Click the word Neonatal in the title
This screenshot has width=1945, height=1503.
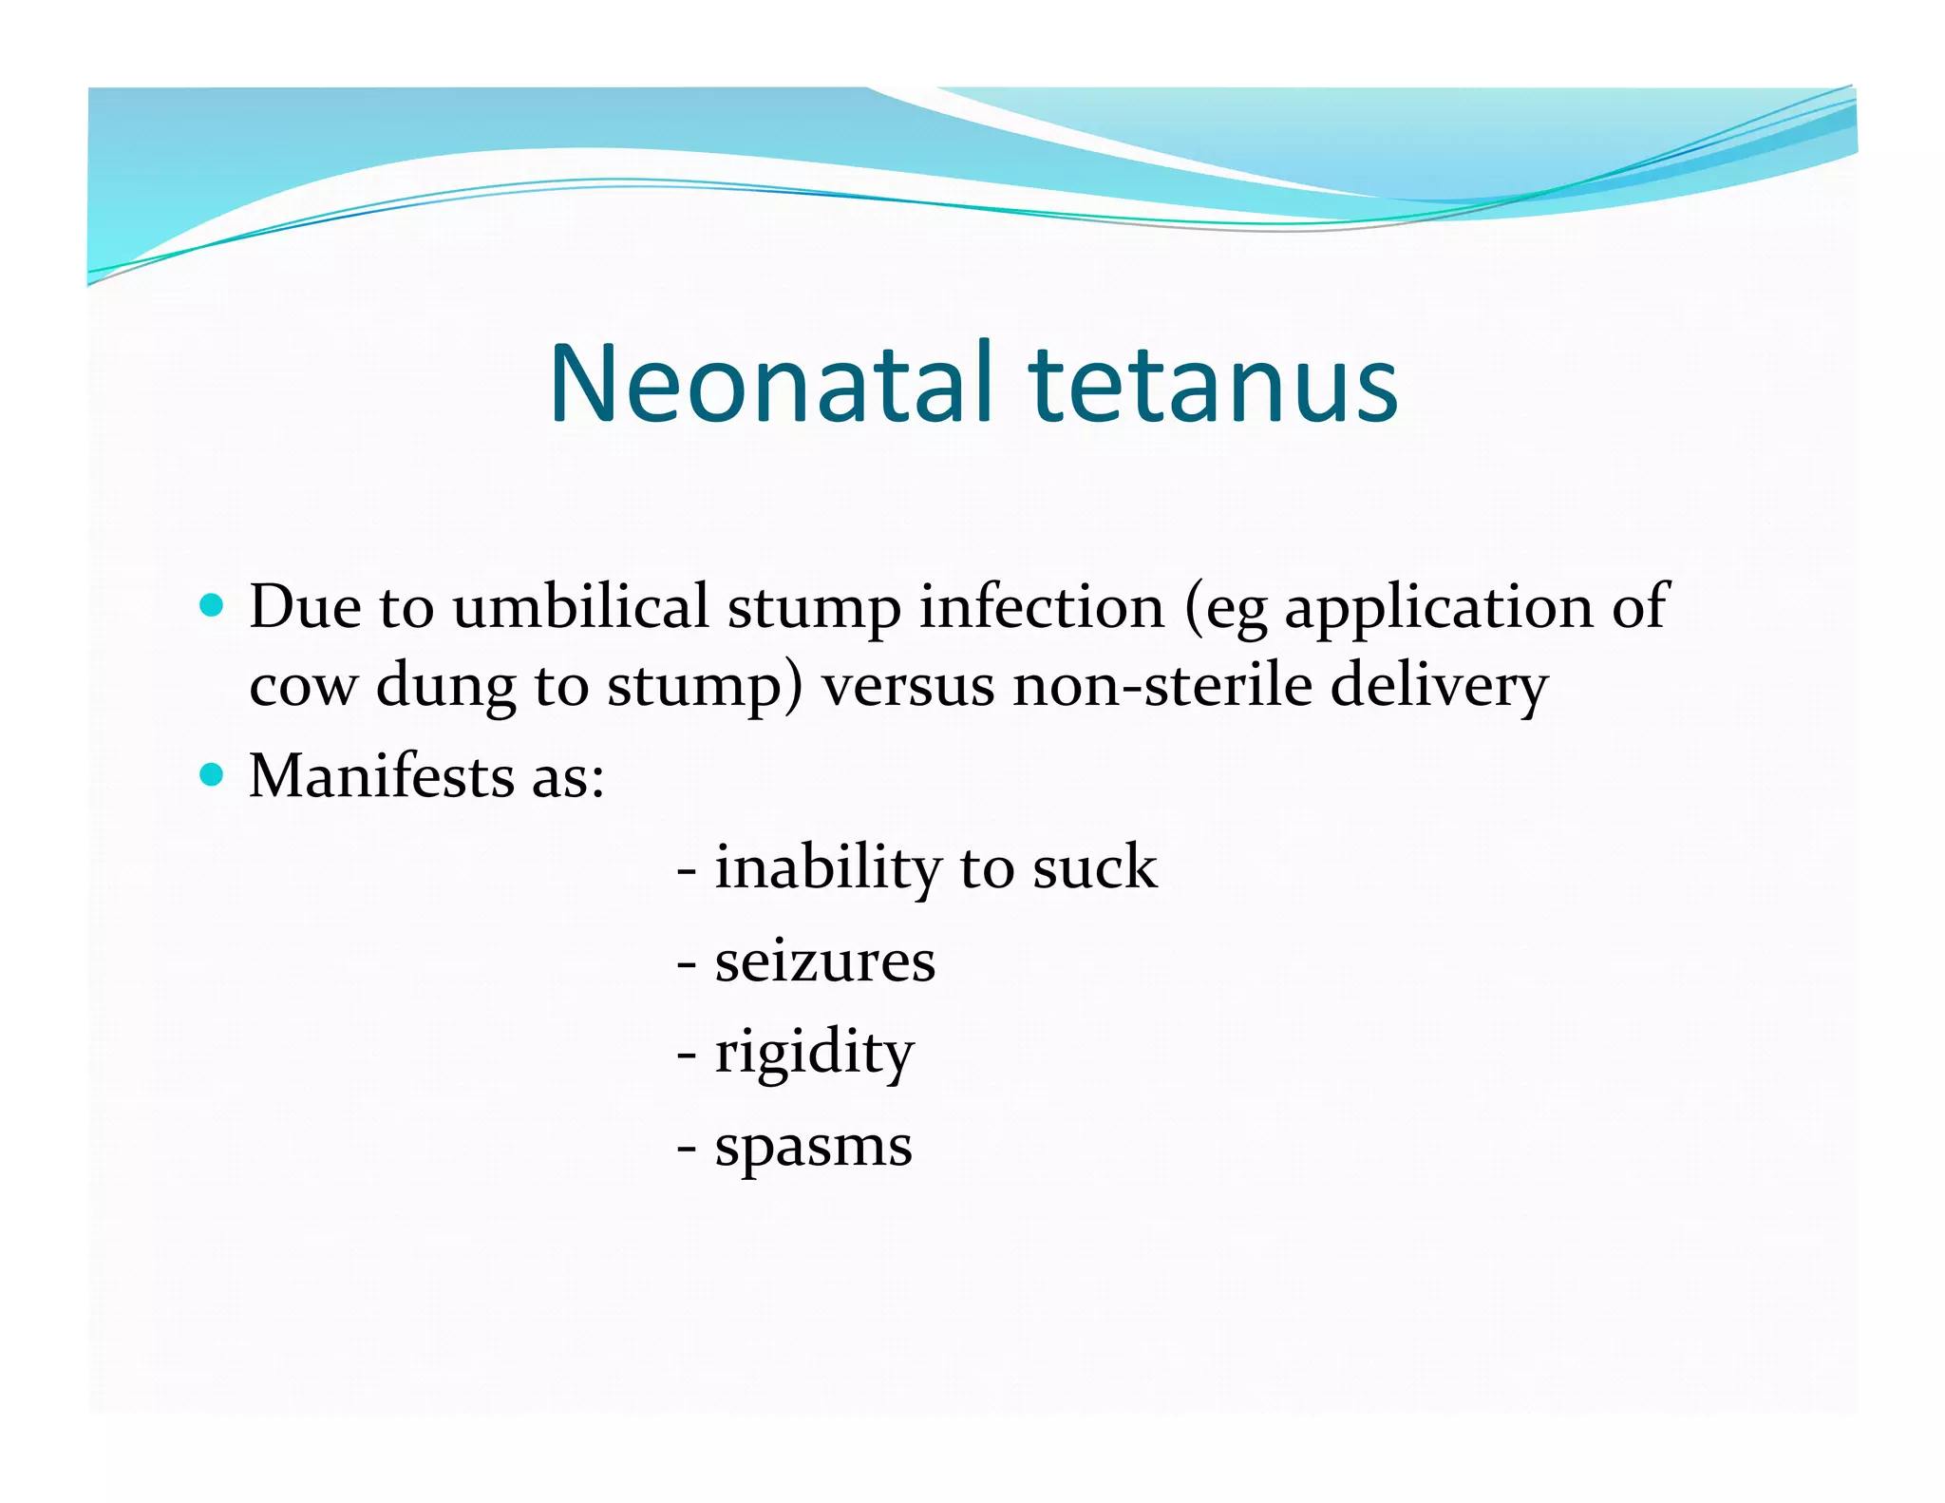pos(771,384)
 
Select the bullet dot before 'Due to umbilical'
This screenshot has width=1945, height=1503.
pos(212,605)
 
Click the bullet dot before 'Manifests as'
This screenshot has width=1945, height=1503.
pos(212,775)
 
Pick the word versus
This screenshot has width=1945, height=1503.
pos(908,686)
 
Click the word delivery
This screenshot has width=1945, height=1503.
pos(1439,686)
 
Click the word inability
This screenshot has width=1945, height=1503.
pos(827,868)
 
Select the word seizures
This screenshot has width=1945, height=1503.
pos(824,961)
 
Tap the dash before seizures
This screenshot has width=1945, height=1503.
pos(687,965)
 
